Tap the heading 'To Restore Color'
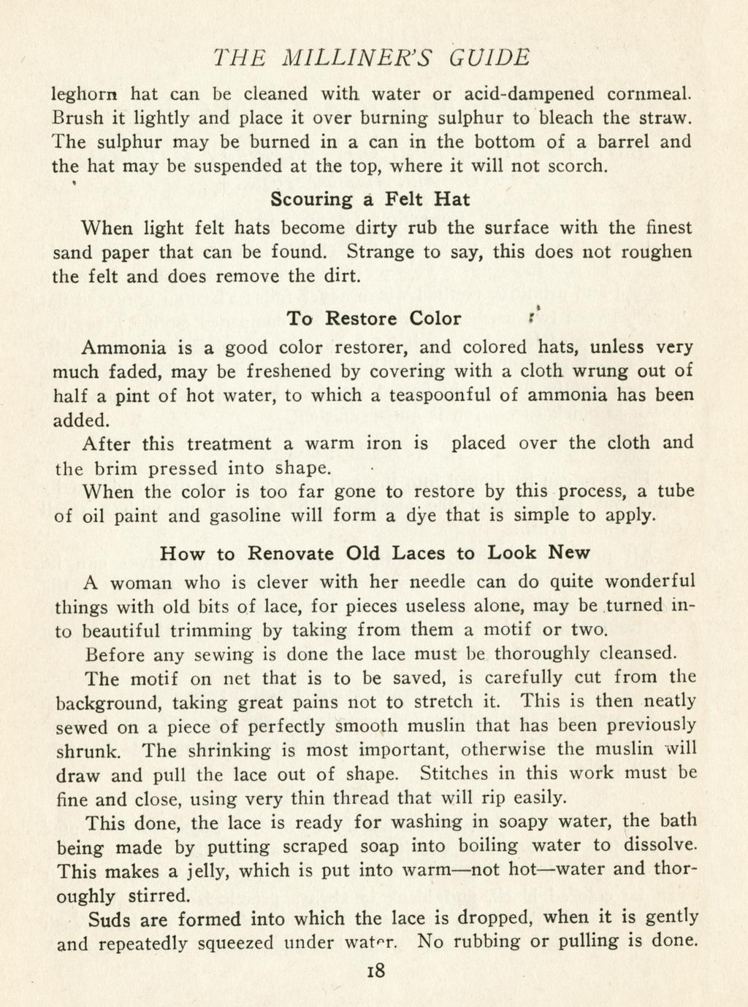tap(374, 319)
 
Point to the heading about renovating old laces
tap(375, 553)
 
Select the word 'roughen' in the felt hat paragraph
tap(656, 253)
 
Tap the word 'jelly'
tap(206, 871)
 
